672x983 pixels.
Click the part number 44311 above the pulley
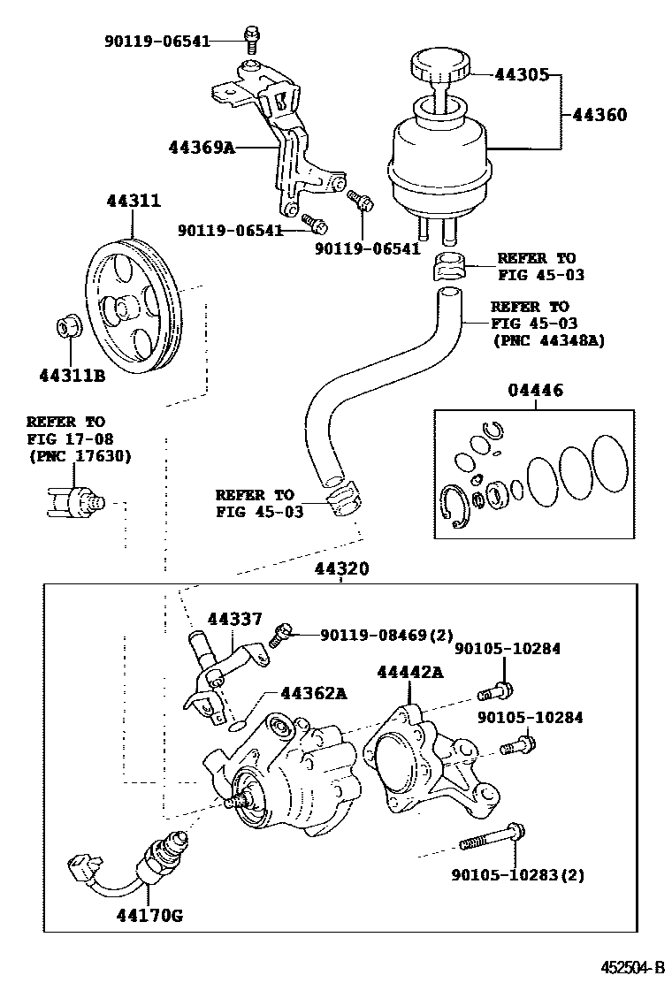click(x=133, y=202)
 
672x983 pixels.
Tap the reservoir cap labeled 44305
click(x=439, y=68)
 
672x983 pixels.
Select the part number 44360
click(x=599, y=115)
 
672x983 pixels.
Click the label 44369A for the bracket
click(x=202, y=147)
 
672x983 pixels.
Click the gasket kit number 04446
click(x=534, y=391)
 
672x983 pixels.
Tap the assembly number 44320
click(x=341, y=570)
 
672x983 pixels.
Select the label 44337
click(x=235, y=620)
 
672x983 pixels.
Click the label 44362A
click(x=312, y=693)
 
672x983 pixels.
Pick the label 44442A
click(x=409, y=673)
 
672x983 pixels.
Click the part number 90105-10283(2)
click(x=517, y=875)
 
